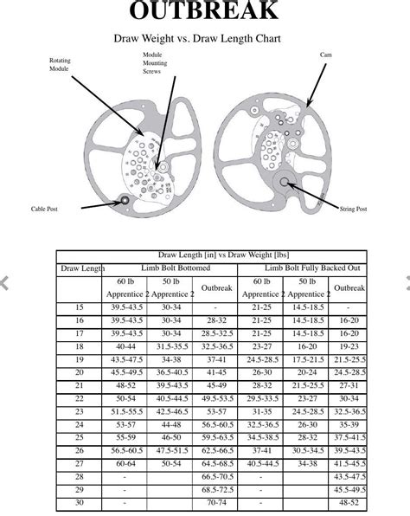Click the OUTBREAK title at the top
point(204,10)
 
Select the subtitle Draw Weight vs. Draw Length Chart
point(204,39)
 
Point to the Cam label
point(325,55)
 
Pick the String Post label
point(353,209)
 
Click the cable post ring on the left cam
point(125,201)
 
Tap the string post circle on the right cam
point(284,182)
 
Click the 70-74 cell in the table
point(216,501)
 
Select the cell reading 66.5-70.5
point(216,477)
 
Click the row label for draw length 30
point(80,501)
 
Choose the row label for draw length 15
point(80,307)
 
